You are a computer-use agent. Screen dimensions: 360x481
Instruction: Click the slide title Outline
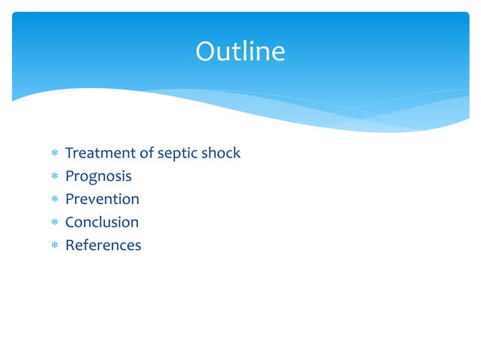click(240, 52)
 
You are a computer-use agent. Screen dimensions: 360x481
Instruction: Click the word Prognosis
click(98, 177)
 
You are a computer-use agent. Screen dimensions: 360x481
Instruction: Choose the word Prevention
click(102, 200)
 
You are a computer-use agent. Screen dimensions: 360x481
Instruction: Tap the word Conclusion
click(102, 222)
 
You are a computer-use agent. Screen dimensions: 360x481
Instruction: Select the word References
click(103, 246)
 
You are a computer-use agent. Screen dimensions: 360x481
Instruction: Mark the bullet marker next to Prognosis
click(54, 177)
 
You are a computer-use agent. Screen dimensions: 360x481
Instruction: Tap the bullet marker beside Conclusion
click(54, 223)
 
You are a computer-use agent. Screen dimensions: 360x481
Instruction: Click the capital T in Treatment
click(69, 154)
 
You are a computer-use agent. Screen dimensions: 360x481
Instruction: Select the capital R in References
click(70, 246)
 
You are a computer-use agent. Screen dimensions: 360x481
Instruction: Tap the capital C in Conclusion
click(70, 222)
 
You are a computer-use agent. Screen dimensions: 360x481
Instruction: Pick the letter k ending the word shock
click(236, 154)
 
